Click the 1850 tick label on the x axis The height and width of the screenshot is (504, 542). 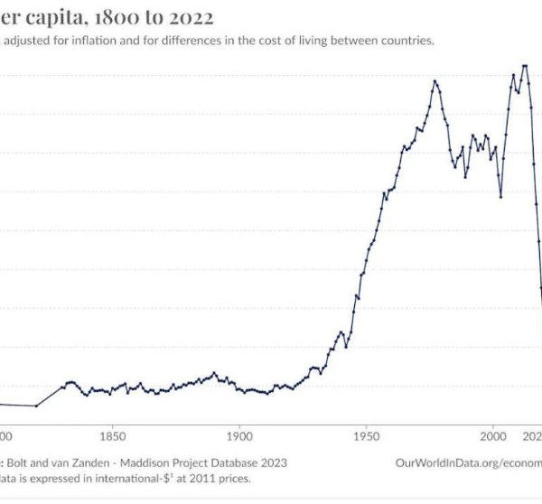[112, 434]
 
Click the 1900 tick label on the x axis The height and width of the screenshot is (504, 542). [238, 434]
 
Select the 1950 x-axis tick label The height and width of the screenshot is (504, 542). [366, 434]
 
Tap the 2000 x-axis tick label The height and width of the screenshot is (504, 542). [493, 434]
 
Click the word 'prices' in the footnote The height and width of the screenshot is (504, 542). [232, 479]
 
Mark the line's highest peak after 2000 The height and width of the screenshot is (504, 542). [524, 65]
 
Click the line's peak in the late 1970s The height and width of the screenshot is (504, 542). [435, 80]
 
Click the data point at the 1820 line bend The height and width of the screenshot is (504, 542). [37, 406]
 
